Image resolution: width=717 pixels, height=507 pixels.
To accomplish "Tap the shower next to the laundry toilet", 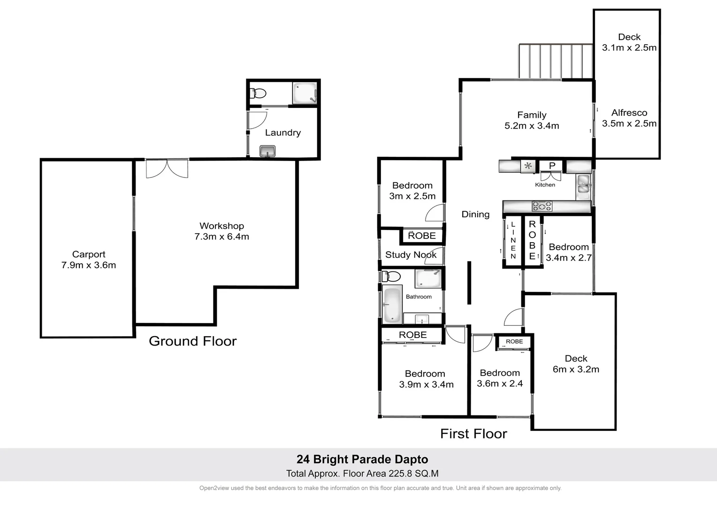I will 305,93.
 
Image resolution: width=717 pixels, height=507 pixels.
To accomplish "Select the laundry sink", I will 267,151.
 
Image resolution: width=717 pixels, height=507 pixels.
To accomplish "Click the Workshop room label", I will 221,226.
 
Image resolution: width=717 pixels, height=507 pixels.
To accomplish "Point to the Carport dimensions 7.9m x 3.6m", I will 88,265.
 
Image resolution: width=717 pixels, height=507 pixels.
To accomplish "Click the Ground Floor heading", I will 192,341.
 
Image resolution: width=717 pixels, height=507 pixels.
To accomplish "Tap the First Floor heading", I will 473,434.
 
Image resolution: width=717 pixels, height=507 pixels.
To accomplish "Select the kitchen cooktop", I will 542,206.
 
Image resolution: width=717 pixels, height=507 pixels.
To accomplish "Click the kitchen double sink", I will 583,184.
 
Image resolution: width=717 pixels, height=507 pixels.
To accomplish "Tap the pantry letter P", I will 552,166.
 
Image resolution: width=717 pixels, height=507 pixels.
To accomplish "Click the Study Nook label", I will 411,255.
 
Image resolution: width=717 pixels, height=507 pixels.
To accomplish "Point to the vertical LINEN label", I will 513,240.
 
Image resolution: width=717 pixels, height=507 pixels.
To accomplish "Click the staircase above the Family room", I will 556,61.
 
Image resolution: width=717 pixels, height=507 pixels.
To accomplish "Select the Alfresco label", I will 629,113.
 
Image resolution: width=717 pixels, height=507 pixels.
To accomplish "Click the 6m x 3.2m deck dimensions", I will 576,369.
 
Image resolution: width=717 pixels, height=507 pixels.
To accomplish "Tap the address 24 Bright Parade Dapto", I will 362,460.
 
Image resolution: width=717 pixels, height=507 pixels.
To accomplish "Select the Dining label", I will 475,215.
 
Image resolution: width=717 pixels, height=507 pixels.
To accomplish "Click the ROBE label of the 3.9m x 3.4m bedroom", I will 412,335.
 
